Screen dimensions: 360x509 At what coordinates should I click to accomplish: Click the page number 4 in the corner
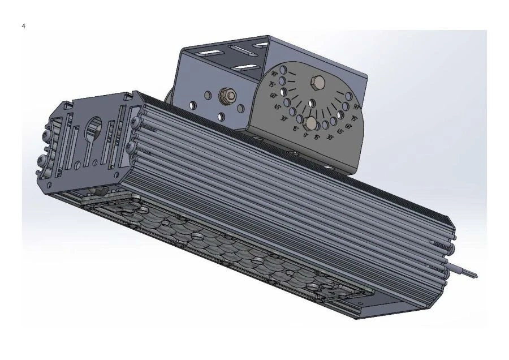(24, 26)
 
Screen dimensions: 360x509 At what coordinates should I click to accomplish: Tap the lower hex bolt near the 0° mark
(309, 123)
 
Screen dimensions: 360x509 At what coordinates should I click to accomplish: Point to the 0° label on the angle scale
(305, 136)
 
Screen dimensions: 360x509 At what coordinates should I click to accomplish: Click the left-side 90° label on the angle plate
(274, 74)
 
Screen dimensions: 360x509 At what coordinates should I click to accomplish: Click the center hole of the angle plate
(312, 104)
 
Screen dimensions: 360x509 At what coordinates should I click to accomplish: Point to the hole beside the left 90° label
(286, 71)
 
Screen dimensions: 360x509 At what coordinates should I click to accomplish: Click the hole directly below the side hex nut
(221, 117)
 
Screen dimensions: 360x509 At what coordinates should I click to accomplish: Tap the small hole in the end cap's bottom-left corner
(50, 185)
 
